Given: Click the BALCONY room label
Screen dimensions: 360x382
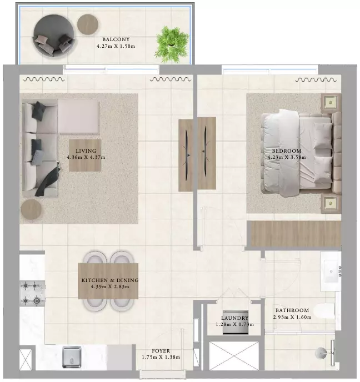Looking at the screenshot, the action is (x=116, y=39).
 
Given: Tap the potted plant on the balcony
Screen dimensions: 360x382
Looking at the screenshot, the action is (x=172, y=44).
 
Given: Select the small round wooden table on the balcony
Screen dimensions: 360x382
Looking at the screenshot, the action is (x=88, y=24).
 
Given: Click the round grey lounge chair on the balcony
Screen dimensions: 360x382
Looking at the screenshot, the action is (x=54, y=36).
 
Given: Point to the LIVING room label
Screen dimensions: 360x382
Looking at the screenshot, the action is (x=86, y=151).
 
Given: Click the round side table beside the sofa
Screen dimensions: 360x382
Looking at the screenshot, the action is (x=31, y=209).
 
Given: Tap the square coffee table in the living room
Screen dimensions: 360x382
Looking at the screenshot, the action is (x=85, y=155).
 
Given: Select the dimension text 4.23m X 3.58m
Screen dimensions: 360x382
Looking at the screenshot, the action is (x=287, y=157).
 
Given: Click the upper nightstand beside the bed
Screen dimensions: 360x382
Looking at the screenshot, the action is (x=331, y=102).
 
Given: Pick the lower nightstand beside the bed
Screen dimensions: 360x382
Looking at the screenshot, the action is (x=331, y=203).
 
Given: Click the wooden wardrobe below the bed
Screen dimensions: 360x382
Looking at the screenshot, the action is (x=296, y=234).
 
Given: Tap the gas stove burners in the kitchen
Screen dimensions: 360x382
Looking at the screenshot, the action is (x=32, y=293).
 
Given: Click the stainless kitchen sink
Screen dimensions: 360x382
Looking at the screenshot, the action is (x=72, y=357).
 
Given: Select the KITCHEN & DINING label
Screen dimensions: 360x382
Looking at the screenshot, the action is (x=110, y=280).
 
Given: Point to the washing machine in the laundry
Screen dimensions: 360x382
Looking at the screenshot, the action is (x=236, y=322).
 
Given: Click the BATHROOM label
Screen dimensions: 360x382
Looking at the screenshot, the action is (x=292, y=310).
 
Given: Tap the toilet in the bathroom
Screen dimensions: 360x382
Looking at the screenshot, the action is (x=324, y=311).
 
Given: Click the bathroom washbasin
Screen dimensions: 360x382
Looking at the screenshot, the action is (x=331, y=271).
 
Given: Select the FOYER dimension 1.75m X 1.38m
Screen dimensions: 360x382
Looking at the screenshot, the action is (x=161, y=357).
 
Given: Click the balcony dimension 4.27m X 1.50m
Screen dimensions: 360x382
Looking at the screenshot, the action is (x=116, y=46).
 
